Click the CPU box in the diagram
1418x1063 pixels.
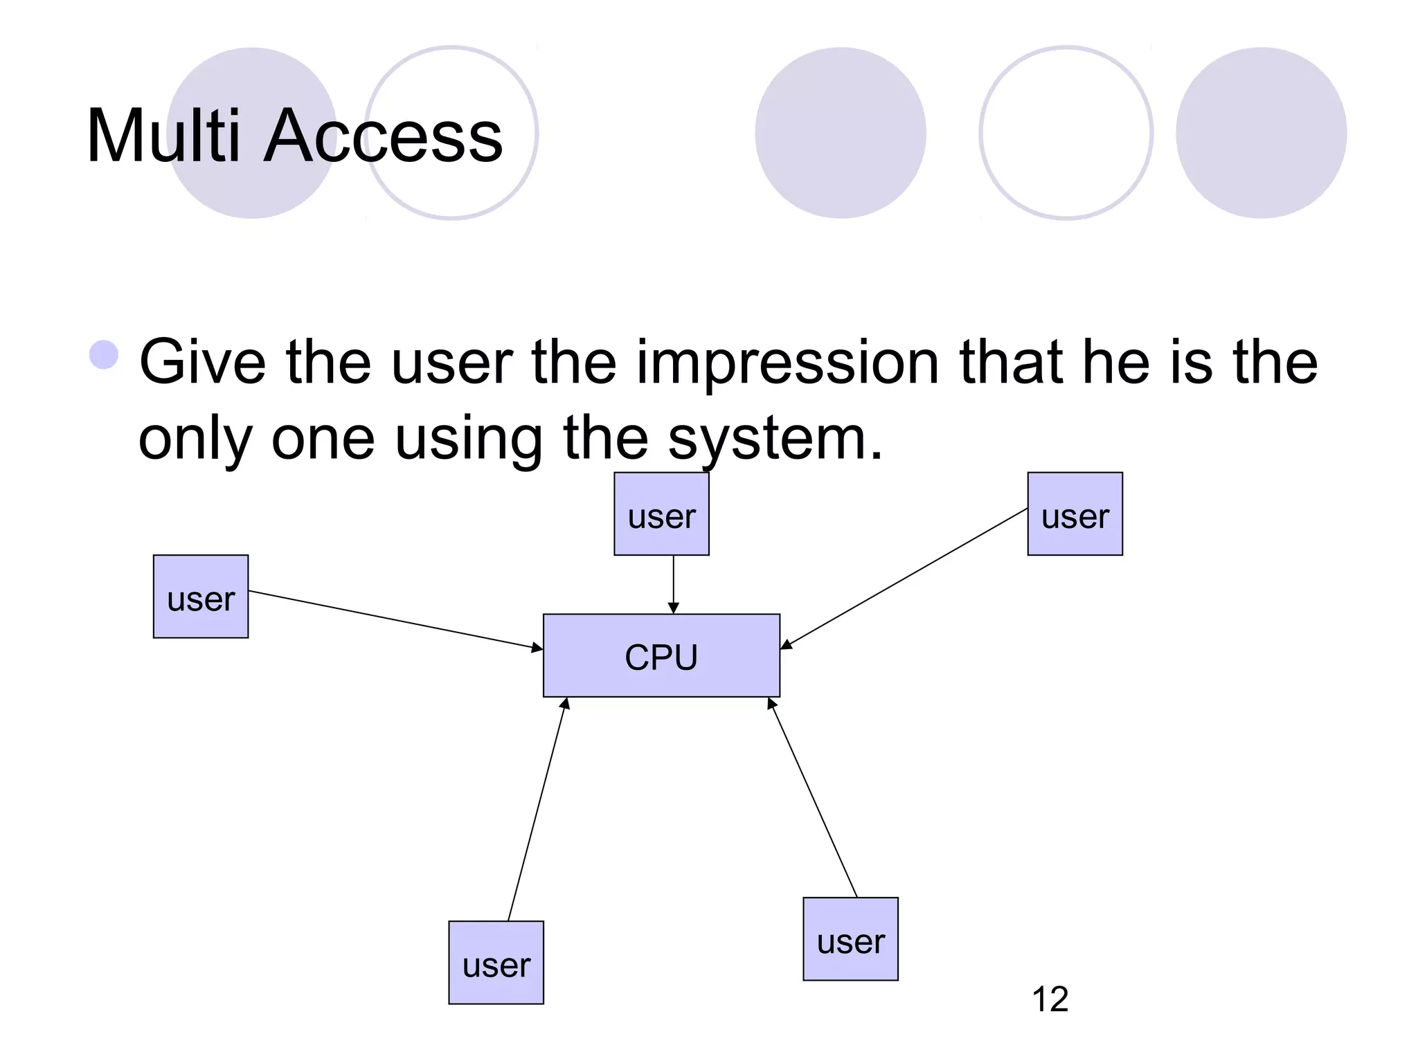point(661,655)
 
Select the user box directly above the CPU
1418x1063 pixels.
point(661,514)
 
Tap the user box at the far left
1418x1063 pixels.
point(201,596)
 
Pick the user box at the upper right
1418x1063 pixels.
point(1075,514)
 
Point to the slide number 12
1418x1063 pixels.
point(1050,999)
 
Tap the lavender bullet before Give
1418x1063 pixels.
point(104,355)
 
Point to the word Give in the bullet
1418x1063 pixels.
point(202,363)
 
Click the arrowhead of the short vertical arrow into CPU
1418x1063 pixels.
point(673,608)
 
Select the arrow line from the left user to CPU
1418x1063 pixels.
point(395,620)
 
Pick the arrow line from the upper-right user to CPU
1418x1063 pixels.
point(904,579)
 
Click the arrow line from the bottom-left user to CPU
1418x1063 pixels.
point(537,810)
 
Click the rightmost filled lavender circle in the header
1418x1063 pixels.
point(1261,133)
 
